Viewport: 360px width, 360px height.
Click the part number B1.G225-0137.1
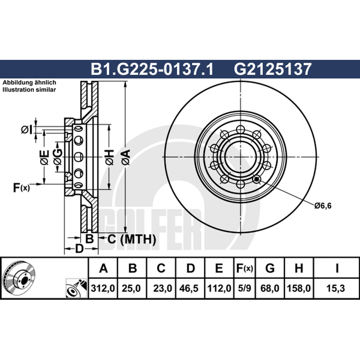pyautogui.click(x=152, y=69)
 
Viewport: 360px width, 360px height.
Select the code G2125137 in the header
pyautogui.click(x=273, y=69)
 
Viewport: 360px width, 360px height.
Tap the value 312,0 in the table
pyautogui.click(x=103, y=288)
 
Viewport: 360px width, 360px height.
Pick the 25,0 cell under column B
pyautogui.click(x=131, y=288)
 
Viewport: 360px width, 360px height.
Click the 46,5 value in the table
pyautogui.click(x=189, y=288)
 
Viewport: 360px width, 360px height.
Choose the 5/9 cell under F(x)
pyautogui.click(x=244, y=288)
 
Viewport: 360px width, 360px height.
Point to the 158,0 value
pyautogui.click(x=299, y=288)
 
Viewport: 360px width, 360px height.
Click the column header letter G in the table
pyautogui.click(x=270, y=268)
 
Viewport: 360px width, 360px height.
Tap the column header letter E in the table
pyautogui.click(x=219, y=268)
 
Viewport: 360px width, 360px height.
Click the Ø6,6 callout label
pyautogui.click(x=323, y=206)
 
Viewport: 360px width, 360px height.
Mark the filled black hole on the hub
pyautogui.click(x=256, y=179)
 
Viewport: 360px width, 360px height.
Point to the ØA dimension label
pyautogui.click(x=126, y=157)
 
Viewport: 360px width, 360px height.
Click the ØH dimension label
pyautogui.click(x=109, y=157)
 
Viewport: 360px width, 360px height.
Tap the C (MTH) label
pyautogui.click(x=131, y=239)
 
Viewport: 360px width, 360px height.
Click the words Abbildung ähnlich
pyautogui.click(x=29, y=83)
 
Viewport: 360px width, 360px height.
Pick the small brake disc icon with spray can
pyautogui.click(x=76, y=288)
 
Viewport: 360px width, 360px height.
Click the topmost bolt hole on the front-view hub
pyautogui.click(x=240, y=129)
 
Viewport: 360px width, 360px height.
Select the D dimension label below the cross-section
pyautogui.click(x=79, y=248)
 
